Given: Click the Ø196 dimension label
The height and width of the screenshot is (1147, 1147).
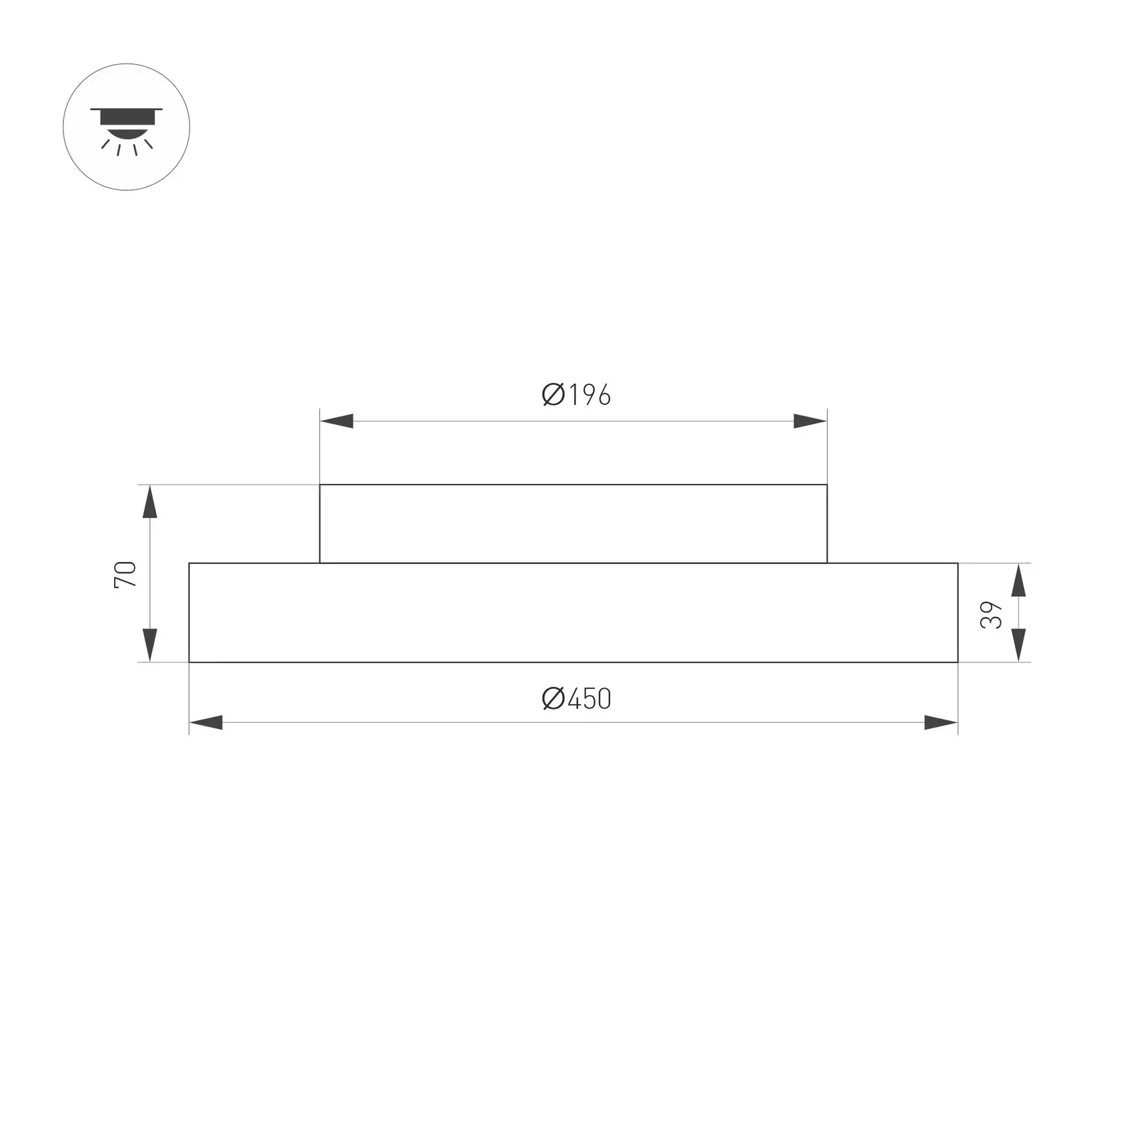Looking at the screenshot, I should (576, 395).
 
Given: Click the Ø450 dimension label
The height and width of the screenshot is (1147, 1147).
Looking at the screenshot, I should (576, 699).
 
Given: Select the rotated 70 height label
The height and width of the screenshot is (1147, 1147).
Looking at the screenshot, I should (125, 575).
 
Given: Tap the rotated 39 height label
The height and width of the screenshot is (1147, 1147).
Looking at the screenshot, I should (992, 614).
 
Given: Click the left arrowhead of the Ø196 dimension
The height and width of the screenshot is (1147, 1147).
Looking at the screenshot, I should (337, 421).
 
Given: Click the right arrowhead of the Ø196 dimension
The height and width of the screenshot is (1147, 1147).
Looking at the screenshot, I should (810, 421).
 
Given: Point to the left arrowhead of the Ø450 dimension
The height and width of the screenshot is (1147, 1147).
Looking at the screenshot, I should (206, 722).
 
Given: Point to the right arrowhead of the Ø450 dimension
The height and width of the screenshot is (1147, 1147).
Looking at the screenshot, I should (940, 722).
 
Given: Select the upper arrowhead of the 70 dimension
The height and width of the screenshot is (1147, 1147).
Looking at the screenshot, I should (150, 502).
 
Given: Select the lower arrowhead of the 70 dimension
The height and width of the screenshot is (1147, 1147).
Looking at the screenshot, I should (150, 645).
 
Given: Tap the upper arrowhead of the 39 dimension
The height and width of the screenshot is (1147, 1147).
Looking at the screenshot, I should (1018, 580).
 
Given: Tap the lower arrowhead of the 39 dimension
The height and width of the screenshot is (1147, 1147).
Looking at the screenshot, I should (1018, 645).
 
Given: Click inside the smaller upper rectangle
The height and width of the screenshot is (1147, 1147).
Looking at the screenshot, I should (573, 523).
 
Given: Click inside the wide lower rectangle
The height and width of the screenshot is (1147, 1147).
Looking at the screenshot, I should (573, 613).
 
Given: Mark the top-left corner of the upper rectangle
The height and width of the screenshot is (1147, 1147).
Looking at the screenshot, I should (320, 485).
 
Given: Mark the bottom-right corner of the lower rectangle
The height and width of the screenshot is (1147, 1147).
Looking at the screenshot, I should (958, 662).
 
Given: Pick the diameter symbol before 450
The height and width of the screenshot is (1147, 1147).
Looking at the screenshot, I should (553, 699).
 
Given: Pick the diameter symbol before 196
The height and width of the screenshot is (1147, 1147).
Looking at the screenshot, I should (553, 395).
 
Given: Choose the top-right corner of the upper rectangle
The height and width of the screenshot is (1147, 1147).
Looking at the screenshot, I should (827, 485).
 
